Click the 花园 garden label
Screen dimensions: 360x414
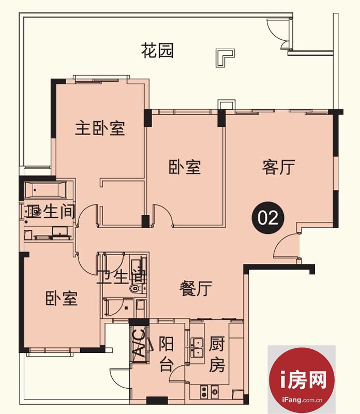point(157,51)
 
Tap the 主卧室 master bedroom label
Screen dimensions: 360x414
point(100,128)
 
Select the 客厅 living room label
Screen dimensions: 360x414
point(279,167)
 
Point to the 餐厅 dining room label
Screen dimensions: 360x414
point(196,288)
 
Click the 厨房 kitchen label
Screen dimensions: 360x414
point(217,354)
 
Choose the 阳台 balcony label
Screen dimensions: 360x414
point(166,354)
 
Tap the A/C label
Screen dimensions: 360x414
point(139,343)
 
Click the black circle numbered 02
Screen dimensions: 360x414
point(268,218)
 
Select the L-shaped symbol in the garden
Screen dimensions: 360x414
point(225,58)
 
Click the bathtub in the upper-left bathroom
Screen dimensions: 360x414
point(46,190)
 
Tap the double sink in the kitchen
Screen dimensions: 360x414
point(197,347)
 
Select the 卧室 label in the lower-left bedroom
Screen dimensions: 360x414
point(62,298)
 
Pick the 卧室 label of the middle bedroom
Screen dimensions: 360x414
point(185,167)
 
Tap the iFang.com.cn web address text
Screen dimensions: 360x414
point(302,400)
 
